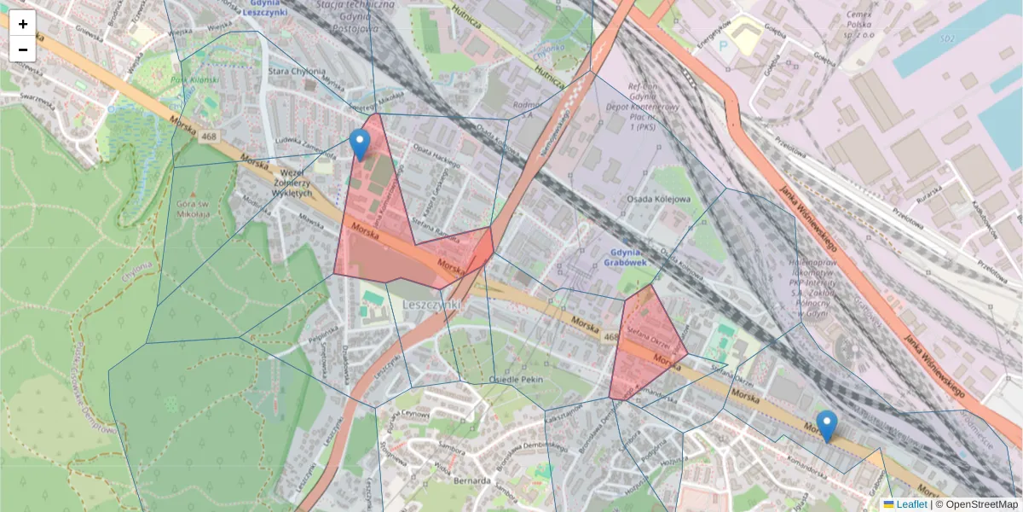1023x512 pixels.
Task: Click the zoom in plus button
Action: click(23, 24)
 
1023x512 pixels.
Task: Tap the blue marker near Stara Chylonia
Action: click(361, 143)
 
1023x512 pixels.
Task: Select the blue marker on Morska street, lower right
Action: click(826, 425)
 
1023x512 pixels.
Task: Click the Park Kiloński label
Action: click(188, 81)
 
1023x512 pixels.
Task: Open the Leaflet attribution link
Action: click(911, 504)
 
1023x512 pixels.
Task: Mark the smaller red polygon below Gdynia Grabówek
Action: click(646, 346)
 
